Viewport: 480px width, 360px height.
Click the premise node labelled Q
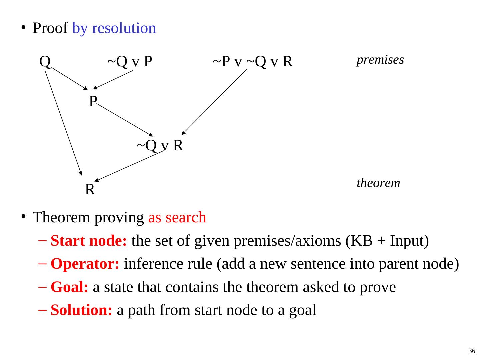45,61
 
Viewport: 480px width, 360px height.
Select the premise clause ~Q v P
130,61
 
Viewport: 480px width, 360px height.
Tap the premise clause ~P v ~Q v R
253,61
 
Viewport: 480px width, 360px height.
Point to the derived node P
93,101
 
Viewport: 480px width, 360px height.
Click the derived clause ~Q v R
160,145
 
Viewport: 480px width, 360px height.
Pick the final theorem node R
90,189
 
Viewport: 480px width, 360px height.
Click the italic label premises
380,60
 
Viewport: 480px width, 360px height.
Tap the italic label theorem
378,183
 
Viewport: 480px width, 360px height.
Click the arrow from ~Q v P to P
113,80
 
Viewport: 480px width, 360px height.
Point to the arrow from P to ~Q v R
125,120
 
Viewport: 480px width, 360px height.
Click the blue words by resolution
114,28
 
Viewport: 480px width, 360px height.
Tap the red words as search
177,217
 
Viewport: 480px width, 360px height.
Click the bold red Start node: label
89,240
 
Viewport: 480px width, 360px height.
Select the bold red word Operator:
85,264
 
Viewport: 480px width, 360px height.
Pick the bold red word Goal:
69,287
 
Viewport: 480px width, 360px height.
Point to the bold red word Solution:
81,310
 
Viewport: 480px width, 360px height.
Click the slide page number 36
471,351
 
